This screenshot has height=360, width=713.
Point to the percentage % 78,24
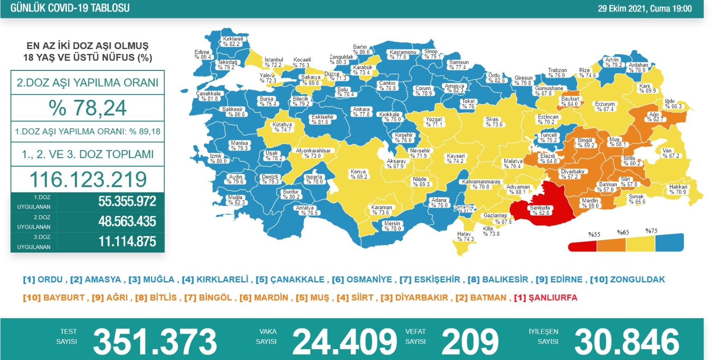[x=88, y=108]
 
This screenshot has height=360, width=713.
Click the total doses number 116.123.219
[x=88, y=180]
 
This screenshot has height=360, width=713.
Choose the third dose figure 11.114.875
[x=127, y=242]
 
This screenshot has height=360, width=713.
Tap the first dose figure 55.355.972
[x=127, y=201]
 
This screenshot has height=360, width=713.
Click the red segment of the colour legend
[x=582, y=245]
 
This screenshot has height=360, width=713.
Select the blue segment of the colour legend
[x=669, y=243]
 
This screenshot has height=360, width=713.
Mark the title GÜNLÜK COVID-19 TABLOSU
[x=70, y=8]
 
